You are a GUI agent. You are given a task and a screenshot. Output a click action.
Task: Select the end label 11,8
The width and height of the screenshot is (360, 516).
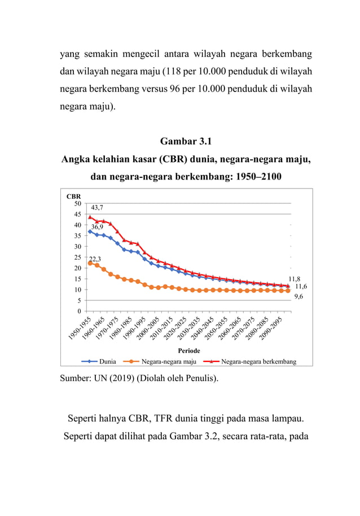tap(295, 278)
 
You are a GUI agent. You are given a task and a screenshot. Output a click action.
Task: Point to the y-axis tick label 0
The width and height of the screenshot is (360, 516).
tap(79, 311)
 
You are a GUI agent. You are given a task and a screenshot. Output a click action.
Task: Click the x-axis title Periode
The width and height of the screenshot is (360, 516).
tap(186, 351)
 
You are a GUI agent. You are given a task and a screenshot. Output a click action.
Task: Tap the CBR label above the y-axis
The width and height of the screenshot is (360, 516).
tap(74, 196)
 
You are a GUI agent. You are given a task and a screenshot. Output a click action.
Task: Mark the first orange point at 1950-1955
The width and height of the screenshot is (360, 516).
tap(90, 263)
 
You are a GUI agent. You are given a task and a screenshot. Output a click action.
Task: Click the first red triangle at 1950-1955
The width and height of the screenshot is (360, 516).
tap(90, 217)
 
